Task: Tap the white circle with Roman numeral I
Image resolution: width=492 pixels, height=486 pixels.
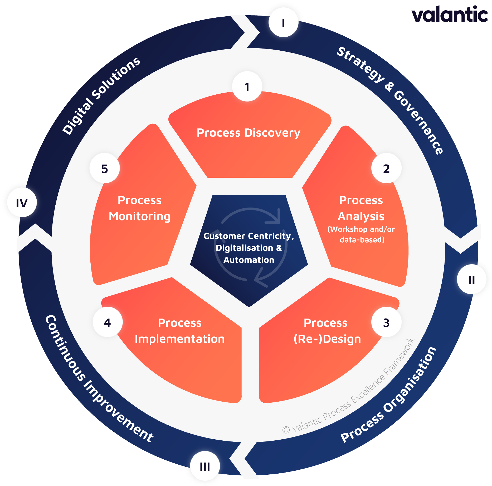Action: point(283,23)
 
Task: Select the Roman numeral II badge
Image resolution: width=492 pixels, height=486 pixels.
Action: point(472,280)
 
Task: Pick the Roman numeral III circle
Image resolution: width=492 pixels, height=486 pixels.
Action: point(205,466)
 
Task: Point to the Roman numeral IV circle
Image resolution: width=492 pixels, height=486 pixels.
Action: point(22,203)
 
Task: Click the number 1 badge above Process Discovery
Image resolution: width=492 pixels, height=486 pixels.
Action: point(247,87)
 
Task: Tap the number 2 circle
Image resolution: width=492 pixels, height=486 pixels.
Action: point(386,169)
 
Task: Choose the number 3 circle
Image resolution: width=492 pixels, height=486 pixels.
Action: point(386,322)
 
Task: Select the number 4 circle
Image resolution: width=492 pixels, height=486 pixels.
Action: point(107,322)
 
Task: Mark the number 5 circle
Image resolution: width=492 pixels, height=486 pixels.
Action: point(105,169)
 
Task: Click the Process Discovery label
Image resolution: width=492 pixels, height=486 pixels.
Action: point(248,133)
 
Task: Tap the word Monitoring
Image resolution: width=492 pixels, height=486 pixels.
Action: point(140,216)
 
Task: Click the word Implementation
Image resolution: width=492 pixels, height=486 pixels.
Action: point(180,339)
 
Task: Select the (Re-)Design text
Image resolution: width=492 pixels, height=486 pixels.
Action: point(327,339)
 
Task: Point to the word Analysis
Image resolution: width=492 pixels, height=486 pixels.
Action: point(361,216)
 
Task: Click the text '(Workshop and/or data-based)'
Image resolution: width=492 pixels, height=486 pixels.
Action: point(361,234)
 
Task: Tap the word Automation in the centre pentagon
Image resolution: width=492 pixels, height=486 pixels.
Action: point(249,260)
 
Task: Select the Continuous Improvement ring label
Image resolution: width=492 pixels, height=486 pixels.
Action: point(99,380)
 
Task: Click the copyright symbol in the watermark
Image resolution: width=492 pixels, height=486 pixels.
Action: point(286,430)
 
